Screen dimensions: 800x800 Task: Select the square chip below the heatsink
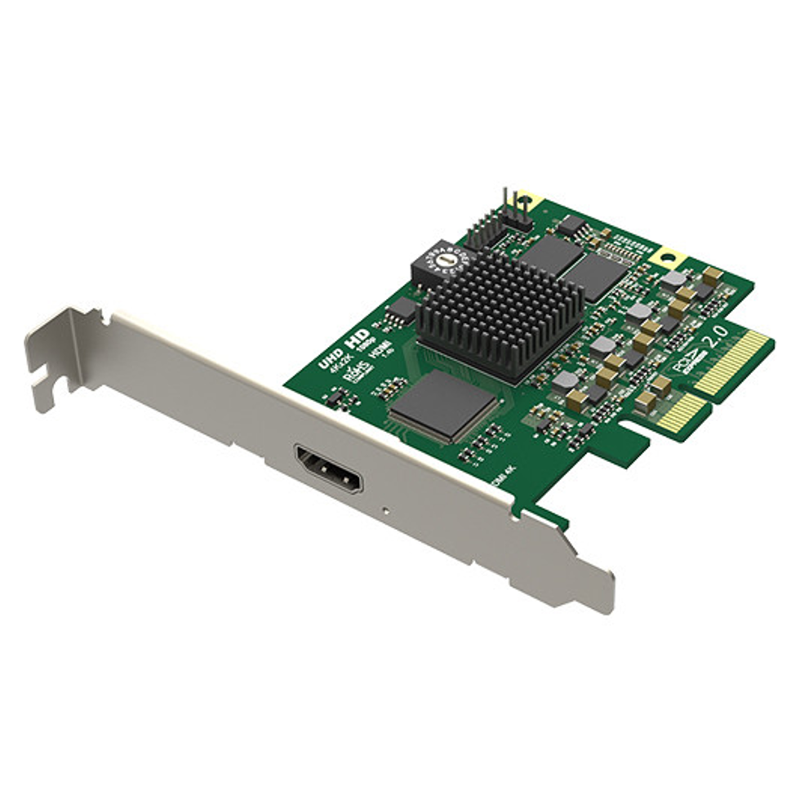(443, 406)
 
